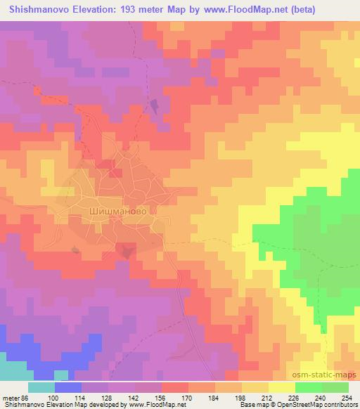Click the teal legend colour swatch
click(x=41, y=387)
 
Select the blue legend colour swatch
click(x=68, y=387)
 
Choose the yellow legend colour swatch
click(x=282, y=387)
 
